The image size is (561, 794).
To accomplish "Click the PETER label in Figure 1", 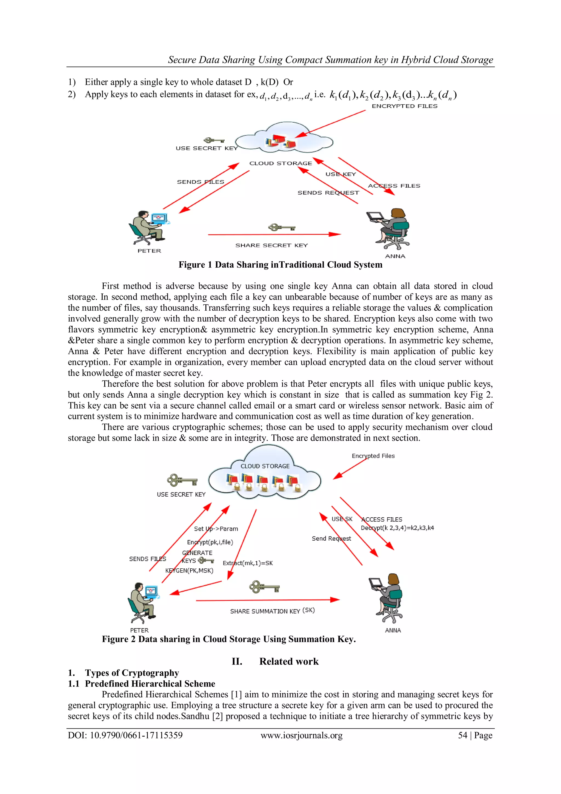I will tap(149, 251).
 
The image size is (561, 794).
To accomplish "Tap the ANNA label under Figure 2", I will tap(393, 630).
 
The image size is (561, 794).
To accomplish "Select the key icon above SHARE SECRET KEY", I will tap(282, 228).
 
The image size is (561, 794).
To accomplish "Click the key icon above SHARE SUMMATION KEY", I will tap(264, 586).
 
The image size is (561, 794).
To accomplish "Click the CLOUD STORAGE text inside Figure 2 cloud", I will tap(265, 466).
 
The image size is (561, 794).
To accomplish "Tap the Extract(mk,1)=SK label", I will tap(248, 563).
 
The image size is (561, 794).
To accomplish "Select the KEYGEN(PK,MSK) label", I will tap(189, 570).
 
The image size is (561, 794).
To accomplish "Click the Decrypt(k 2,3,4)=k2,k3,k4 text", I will tap(397, 528).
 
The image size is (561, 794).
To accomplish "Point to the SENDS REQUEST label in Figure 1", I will tap(328, 193).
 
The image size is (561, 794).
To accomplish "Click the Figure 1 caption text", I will tap(280, 265).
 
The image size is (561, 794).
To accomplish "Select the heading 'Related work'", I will tap(289, 661).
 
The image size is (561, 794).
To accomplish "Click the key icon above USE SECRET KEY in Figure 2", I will tap(182, 480).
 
